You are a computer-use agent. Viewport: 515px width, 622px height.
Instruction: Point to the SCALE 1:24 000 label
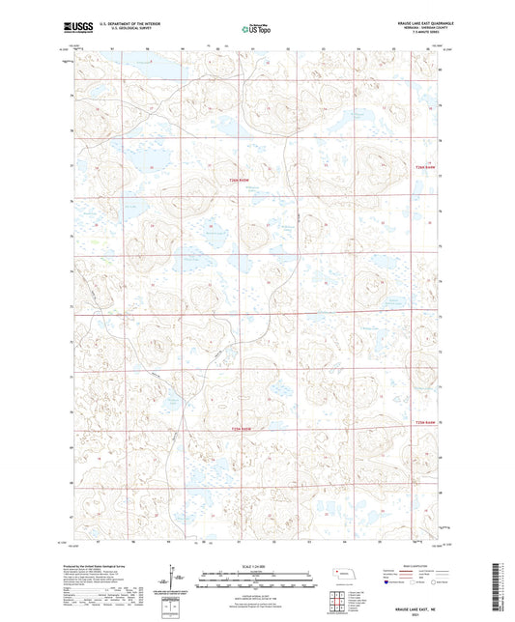pyautogui.click(x=257, y=566)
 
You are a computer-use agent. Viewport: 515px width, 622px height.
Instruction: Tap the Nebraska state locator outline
pyautogui.click(x=340, y=577)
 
